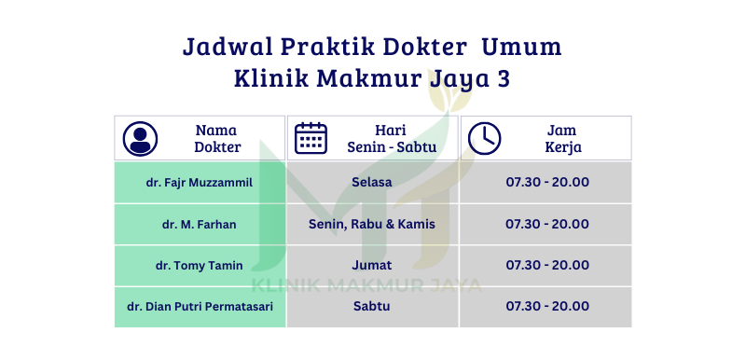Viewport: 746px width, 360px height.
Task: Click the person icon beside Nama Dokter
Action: (140, 138)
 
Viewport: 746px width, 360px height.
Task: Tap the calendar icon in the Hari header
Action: (311, 138)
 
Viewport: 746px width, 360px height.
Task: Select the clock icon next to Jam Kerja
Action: (484, 138)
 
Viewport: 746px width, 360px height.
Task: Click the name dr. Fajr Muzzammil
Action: (200, 183)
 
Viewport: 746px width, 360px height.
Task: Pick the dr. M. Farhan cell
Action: (200, 224)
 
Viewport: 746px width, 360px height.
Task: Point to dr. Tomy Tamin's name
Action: (200, 266)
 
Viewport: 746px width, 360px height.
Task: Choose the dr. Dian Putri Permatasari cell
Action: (200, 306)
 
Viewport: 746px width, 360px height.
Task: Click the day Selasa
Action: (372, 182)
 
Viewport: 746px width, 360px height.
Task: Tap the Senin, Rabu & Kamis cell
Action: (372, 224)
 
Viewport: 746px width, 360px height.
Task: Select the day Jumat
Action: (372, 265)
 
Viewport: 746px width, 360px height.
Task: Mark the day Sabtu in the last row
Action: (372, 306)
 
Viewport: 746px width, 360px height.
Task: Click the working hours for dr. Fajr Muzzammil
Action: (547, 182)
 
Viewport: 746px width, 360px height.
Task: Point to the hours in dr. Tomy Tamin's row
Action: (547, 265)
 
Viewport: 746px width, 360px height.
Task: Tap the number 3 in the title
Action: (504, 78)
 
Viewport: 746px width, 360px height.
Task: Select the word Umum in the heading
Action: (521, 47)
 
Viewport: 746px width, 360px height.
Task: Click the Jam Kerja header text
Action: (563, 138)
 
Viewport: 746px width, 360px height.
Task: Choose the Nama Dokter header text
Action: (217, 138)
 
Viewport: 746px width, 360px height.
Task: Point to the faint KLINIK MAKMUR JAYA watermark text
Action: (366, 284)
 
